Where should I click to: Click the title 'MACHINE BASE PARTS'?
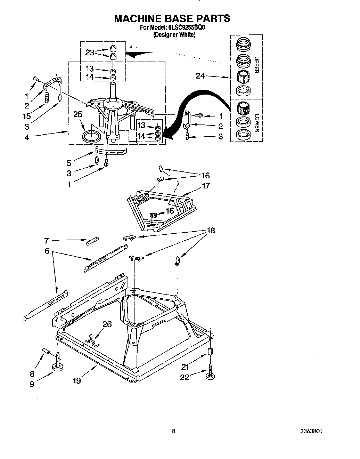[172, 18]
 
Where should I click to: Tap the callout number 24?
[200, 75]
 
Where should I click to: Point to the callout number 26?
[107, 324]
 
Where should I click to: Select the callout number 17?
[206, 186]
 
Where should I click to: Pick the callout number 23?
[90, 53]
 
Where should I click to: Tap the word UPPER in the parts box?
[257, 65]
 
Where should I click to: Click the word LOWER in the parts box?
[257, 123]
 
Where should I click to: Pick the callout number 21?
[185, 366]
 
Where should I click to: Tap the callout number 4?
[27, 137]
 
